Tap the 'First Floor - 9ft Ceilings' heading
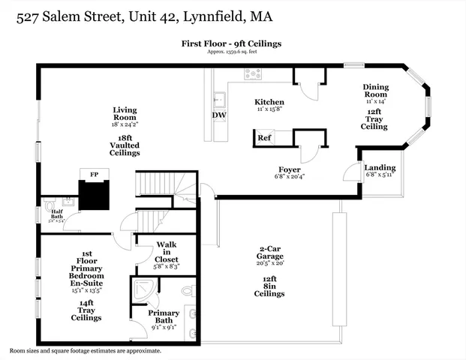[x=232, y=43]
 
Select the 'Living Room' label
[x=125, y=114]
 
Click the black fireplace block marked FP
[x=95, y=193]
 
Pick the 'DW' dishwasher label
[x=218, y=115]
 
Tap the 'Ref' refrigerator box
[x=264, y=138]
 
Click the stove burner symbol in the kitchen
[x=253, y=73]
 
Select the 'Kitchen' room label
[x=269, y=101]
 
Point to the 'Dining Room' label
[x=375, y=91]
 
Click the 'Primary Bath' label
[x=163, y=317]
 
